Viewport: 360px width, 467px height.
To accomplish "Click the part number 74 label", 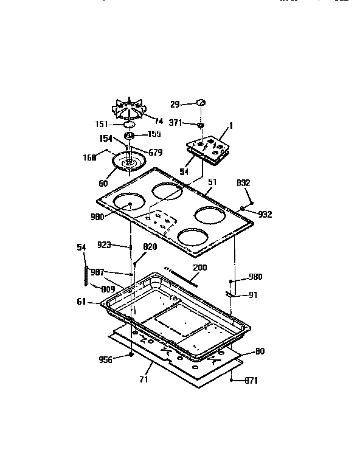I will (159, 120).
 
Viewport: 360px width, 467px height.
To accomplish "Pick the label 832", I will (244, 182).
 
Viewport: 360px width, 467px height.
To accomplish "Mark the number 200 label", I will (200, 268).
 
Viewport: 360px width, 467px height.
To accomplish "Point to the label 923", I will (104, 246).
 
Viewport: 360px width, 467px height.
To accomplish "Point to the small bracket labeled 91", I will (230, 294).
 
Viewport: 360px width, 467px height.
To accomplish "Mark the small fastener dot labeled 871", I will (233, 381).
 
